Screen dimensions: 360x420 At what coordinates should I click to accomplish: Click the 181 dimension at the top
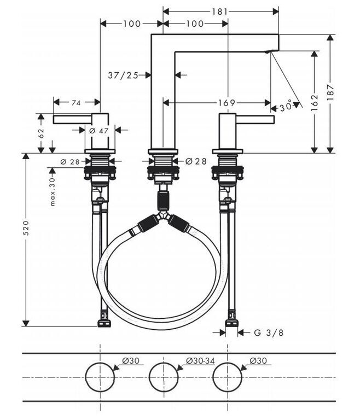(x=220, y=11)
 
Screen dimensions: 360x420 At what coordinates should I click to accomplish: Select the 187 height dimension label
(x=330, y=92)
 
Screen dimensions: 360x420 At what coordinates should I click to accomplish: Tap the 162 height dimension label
(x=315, y=102)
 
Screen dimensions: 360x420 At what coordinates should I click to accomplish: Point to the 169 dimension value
(x=227, y=103)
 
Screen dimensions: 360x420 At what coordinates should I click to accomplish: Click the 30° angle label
(x=286, y=107)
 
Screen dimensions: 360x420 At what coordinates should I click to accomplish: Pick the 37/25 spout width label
(x=123, y=75)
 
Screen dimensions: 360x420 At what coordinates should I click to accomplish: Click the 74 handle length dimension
(x=76, y=102)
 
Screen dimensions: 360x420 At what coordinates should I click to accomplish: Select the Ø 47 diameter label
(x=99, y=131)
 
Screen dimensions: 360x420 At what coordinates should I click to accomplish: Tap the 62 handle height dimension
(x=41, y=133)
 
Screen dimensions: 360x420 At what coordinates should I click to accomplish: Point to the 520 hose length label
(x=26, y=227)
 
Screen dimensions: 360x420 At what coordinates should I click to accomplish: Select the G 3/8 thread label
(x=268, y=332)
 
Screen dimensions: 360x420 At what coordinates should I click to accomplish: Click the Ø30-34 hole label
(x=200, y=361)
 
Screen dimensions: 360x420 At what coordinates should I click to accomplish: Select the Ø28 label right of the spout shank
(x=196, y=161)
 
